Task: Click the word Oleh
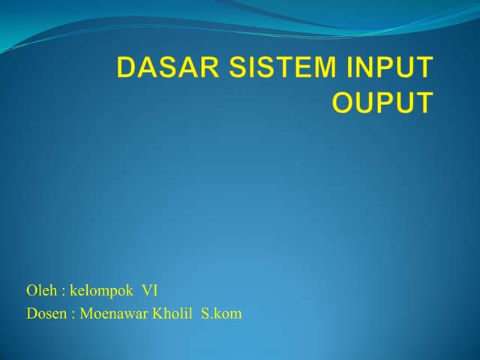point(39,291)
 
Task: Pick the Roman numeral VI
point(150,291)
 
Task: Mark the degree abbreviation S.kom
point(221,313)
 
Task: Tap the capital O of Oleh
point(31,291)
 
